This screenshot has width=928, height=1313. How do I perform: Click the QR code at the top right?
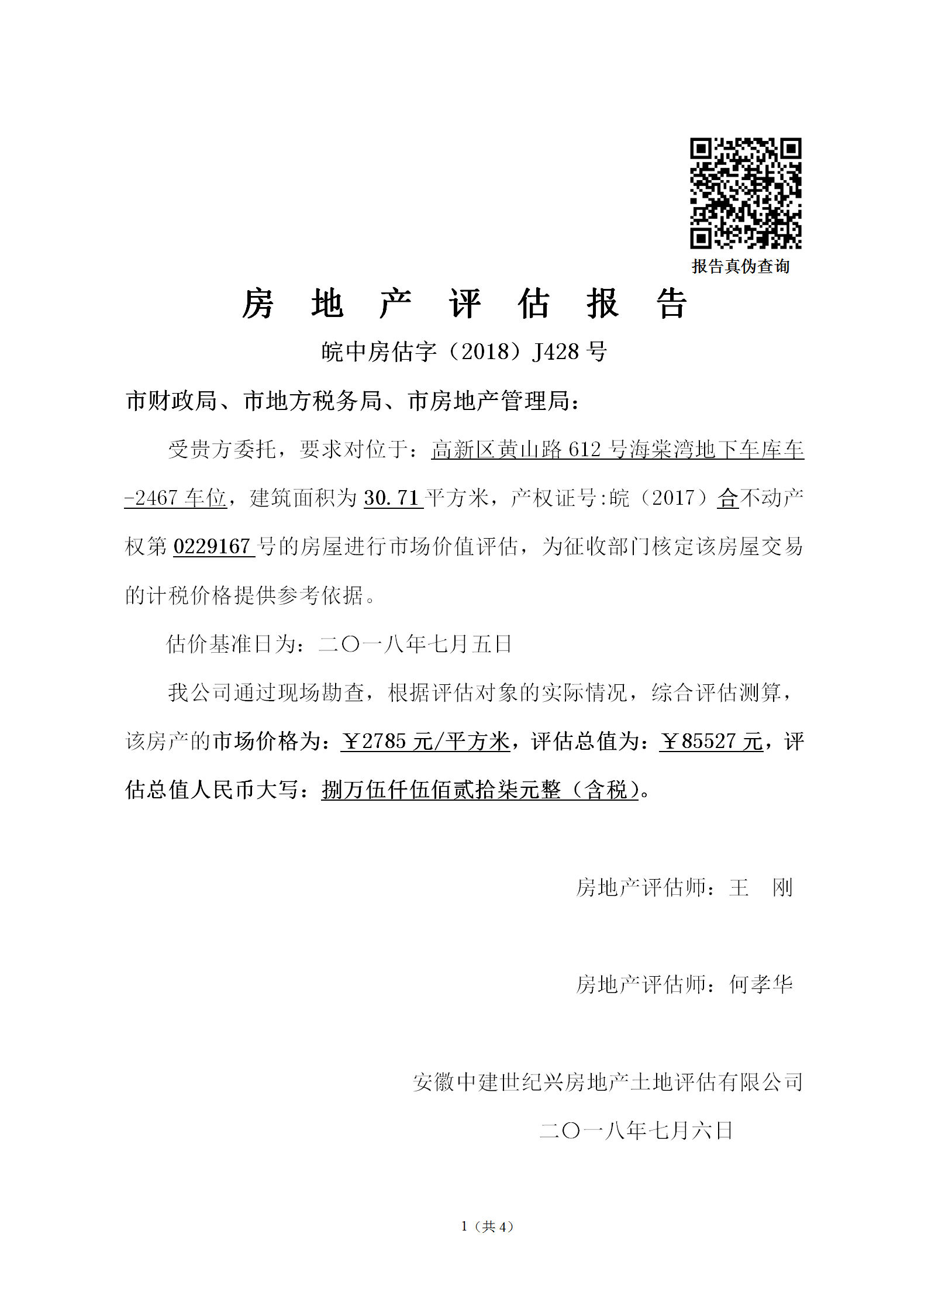point(746,193)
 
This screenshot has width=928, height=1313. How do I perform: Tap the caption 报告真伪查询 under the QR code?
point(740,267)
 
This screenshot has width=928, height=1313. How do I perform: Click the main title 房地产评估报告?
point(464,304)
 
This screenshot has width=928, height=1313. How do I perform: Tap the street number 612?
point(584,449)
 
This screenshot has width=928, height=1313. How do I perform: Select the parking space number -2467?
point(151,498)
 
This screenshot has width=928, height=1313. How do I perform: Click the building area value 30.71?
point(391,498)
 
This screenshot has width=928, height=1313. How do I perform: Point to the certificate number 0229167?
point(212,547)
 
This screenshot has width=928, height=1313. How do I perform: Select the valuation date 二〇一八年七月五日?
point(415,644)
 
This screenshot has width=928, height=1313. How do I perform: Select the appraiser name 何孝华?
point(761,985)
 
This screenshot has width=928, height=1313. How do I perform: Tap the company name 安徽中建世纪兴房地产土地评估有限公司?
point(608,1082)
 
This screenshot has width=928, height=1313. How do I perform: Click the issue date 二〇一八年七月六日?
point(636,1131)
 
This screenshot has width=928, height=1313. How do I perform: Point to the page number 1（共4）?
point(487,1226)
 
